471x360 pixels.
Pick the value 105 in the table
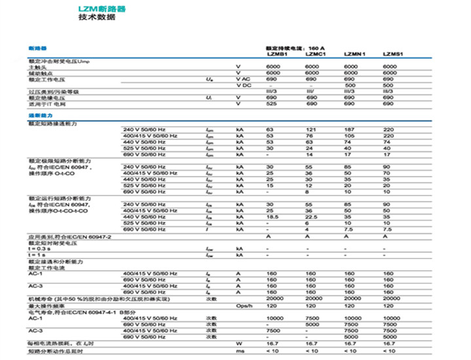[x=350, y=136]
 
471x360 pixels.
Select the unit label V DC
[x=243, y=85]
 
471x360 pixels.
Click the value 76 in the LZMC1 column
[x=309, y=136]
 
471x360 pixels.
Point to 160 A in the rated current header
[x=319, y=49]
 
